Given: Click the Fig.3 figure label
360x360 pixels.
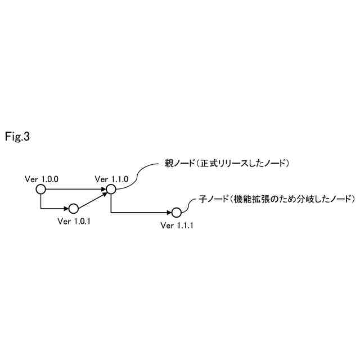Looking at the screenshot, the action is click(17, 137).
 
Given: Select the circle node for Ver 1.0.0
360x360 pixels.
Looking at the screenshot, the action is click(40, 190).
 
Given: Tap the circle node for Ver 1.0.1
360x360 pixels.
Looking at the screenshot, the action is click(73, 209).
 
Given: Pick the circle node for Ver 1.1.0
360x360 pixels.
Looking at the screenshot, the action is click(111, 190).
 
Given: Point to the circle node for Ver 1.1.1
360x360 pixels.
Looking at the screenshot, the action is click(176, 213).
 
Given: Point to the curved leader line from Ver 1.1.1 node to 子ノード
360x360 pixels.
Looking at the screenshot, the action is click(189, 204).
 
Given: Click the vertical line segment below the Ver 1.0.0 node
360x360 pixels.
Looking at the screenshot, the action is click(40, 201).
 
